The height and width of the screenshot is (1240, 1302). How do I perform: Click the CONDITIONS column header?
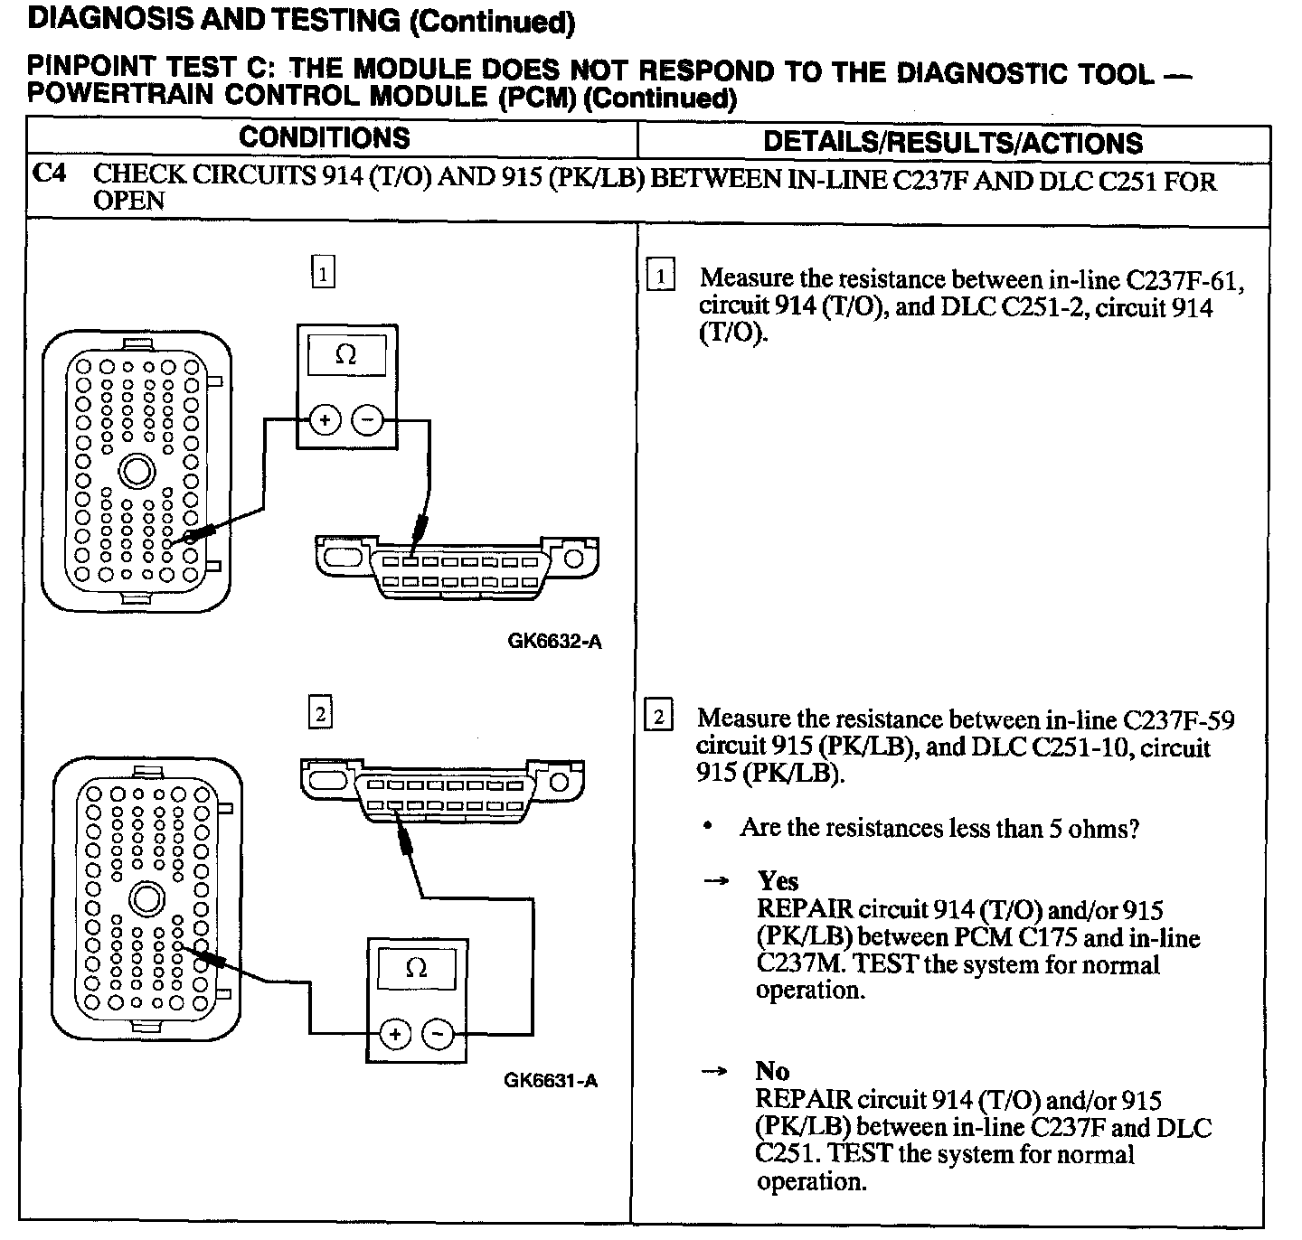coord(324,138)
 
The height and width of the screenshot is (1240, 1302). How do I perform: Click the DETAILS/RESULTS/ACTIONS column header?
coord(953,143)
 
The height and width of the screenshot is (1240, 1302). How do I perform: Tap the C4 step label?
coord(49,173)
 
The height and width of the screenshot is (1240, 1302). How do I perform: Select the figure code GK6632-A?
coord(554,642)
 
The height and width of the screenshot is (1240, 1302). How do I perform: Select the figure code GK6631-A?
coord(551,1080)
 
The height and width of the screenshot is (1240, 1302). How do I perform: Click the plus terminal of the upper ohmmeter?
coord(325,420)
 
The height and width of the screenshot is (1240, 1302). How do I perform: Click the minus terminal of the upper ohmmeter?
coord(367,420)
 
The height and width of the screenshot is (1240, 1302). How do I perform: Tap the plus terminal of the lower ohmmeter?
coord(394,1034)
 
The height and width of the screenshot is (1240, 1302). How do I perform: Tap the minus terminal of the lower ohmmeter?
coord(439,1034)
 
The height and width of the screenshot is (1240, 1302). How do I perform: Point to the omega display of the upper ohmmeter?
coord(346,355)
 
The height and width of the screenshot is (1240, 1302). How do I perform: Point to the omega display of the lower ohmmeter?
coord(416,968)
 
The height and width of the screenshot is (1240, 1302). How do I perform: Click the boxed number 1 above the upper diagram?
coord(323,272)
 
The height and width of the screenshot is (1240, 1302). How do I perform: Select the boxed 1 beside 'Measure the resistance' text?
coord(661,276)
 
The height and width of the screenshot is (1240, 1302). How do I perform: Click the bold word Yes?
coord(778,881)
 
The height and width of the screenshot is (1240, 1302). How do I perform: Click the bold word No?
coord(772,1072)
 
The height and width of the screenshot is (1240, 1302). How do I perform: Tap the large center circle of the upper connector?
coord(137,471)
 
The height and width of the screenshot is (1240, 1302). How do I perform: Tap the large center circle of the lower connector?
coord(147,899)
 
